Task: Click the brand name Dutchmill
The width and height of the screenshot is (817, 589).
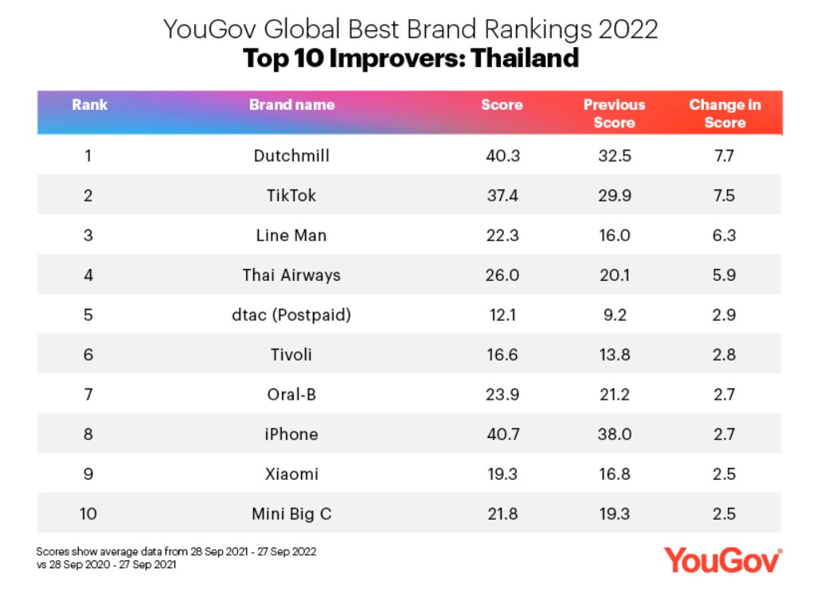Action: tap(291, 156)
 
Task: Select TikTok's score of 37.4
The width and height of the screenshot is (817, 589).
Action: tap(502, 196)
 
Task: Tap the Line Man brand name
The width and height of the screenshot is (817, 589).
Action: tap(291, 236)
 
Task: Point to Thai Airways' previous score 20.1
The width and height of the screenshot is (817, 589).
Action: tap(614, 275)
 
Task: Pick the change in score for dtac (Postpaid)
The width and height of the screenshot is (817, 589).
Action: tap(724, 315)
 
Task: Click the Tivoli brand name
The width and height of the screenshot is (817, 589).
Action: tap(291, 355)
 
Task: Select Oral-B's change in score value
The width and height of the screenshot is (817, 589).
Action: tap(724, 395)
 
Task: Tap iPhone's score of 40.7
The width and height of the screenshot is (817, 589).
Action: tap(502, 435)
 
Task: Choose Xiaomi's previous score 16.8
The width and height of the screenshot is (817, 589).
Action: tap(614, 474)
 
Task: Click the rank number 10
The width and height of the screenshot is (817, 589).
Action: tap(88, 514)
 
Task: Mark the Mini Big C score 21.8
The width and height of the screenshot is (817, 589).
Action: tap(502, 514)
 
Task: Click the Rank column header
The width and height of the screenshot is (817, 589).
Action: tap(89, 105)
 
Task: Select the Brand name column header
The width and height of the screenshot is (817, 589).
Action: tap(291, 105)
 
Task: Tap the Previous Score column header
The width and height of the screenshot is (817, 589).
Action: tap(614, 114)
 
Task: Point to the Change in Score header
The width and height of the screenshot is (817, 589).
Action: tap(725, 114)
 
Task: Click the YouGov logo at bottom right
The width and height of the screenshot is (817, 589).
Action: tap(723, 559)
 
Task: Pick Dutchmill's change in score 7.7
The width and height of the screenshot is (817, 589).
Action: tap(724, 156)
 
